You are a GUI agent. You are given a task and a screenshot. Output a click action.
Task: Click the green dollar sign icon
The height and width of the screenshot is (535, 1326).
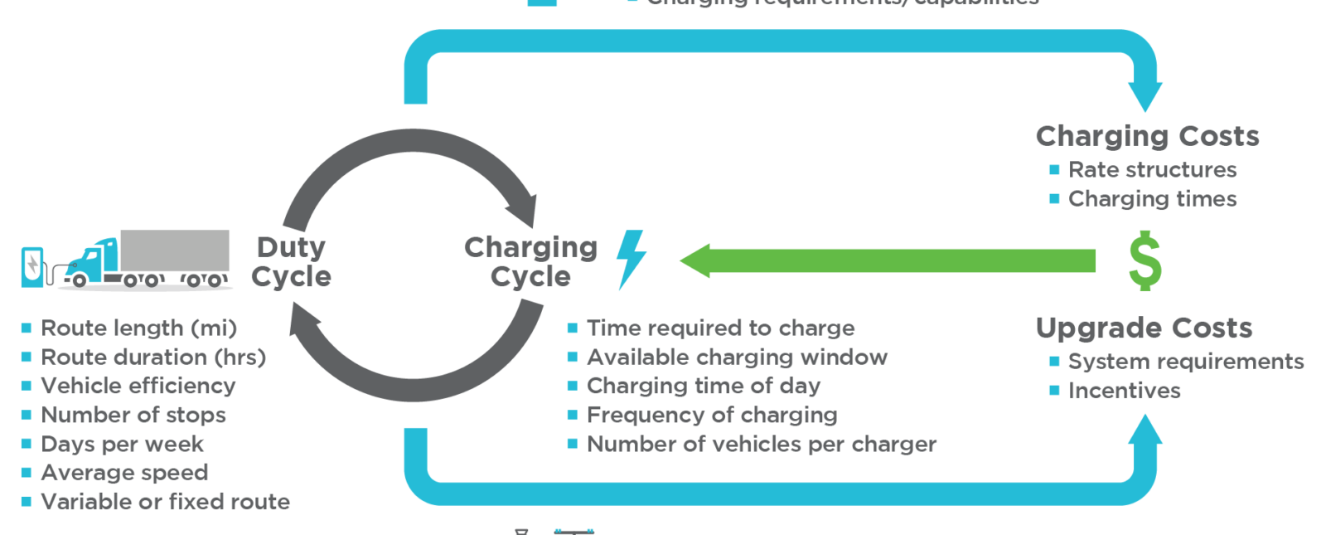tap(1145, 261)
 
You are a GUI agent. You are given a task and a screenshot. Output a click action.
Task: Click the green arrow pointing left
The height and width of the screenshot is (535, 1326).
tap(887, 260)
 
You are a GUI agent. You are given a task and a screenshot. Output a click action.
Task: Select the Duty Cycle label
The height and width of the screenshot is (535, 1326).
tap(291, 261)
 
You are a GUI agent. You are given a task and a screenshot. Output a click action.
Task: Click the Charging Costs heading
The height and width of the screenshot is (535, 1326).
tap(1147, 136)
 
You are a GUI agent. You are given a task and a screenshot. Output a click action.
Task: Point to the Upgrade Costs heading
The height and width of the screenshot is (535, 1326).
tap(1144, 328)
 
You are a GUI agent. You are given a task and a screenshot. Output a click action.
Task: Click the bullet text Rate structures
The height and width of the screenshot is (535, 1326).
tap(1152, 170)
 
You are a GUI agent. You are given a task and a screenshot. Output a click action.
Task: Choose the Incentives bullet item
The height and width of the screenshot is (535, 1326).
tap(1124, 391)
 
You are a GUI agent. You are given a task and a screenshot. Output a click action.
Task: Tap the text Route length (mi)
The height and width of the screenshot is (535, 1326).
tap(138, 328)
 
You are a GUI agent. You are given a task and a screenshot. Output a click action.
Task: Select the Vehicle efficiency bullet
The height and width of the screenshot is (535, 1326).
tap(138, 386)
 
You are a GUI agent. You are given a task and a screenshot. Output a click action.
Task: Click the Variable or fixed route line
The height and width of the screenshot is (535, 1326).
tap(165, 502)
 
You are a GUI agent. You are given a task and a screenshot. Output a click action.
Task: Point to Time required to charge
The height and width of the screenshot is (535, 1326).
tap(720, 328)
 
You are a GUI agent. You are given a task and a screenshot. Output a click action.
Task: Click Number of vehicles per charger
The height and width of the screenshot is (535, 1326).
tap(761, 445)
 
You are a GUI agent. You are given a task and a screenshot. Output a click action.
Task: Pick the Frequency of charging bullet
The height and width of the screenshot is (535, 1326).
tap(711, 415)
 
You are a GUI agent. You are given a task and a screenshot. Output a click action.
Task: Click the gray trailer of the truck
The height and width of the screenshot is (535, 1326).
tap(175, 250)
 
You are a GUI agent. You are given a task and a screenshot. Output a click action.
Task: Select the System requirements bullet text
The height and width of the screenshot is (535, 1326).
tap(1185, 362)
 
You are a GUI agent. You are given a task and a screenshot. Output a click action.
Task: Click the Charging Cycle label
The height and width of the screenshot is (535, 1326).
tap(530, 261)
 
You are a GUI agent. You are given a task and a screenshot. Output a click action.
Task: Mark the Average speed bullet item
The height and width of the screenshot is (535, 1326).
tap(124, 473)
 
